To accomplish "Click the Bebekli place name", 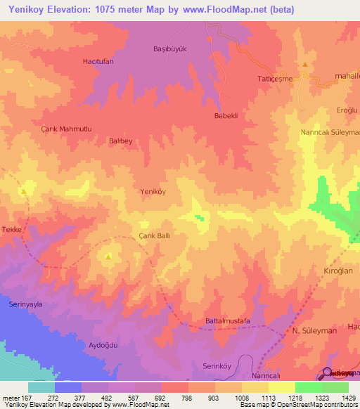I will click(228, 115).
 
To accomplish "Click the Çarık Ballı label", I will click(154, 237).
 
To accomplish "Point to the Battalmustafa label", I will click(227, 321).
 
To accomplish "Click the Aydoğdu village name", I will click(101, 345).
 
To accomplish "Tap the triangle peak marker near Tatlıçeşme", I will click(305, 65).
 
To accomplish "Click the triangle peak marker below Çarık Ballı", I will click(108, 257).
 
